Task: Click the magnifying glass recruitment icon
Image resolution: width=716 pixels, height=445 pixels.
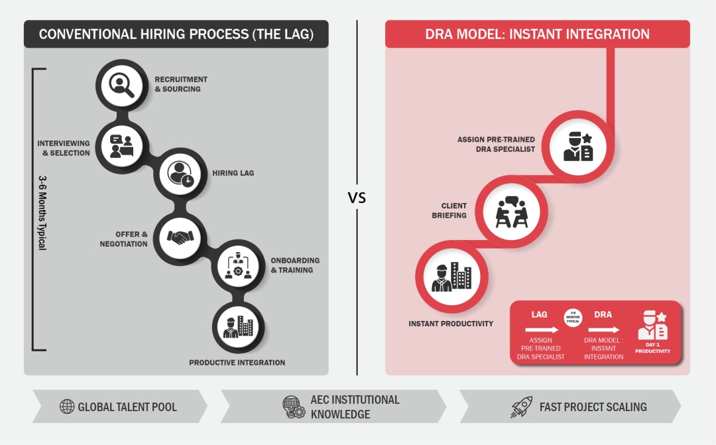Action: (121, 84)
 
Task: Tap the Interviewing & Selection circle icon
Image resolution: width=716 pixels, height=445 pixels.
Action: (121, 145)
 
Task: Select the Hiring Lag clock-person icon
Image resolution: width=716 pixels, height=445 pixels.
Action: (180, 174)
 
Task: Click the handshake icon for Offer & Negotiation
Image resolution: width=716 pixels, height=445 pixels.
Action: (180, 237)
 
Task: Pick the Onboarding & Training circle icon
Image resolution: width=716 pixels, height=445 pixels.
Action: (237, 265)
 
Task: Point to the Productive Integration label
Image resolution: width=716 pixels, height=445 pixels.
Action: (237, 363)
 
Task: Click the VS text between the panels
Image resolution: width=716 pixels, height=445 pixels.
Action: (357, 198)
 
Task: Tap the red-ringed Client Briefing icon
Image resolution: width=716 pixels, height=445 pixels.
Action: (512, 209)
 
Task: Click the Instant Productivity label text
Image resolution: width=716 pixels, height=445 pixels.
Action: (451, 324)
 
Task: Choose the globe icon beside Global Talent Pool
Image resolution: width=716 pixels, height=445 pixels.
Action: (67, 407)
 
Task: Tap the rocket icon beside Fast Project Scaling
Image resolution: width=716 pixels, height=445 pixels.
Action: (521, 407)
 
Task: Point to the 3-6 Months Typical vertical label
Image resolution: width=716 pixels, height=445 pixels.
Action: (42, 212)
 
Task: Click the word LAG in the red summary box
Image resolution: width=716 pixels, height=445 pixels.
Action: (540, 314)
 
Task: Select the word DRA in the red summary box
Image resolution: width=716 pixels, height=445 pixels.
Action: (603, 314)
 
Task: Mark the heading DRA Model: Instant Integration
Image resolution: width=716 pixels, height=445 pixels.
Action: (537, 34)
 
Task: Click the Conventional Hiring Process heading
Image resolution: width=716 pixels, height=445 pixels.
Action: (176, 34)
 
